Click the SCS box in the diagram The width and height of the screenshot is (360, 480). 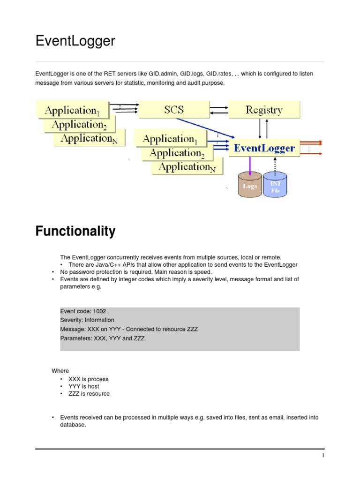tap(174, 110)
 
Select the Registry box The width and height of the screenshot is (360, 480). tap(264, 110)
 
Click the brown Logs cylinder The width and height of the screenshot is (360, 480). tap(250, 186)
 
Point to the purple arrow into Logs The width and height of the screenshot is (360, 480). tap(250, 165)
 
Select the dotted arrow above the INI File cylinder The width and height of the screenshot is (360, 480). tap(275, 165)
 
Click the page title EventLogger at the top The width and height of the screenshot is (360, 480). tap(75, 41)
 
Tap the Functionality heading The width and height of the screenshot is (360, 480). tap(75, 232)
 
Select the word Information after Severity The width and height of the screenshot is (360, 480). tap(99, 320)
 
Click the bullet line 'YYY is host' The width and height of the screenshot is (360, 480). tap(84, 386)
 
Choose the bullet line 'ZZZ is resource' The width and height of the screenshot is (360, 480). tap(89, 394)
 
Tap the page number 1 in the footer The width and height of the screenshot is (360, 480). tap(323, 456)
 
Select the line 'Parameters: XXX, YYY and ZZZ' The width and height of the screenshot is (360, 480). tap(102, 338)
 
